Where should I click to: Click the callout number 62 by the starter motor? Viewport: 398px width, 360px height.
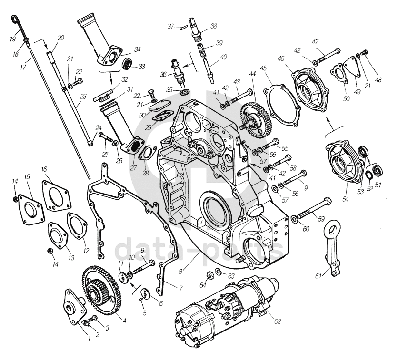click(x=278, y=321)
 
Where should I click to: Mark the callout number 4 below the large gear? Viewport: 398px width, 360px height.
click(x=124, y=321)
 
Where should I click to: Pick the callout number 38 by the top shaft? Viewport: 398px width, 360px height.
click(x=213, y=26)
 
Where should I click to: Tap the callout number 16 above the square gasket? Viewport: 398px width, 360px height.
click(x=44, y=169)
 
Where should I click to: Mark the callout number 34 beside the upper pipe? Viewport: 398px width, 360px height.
click(x=137, y=49)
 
